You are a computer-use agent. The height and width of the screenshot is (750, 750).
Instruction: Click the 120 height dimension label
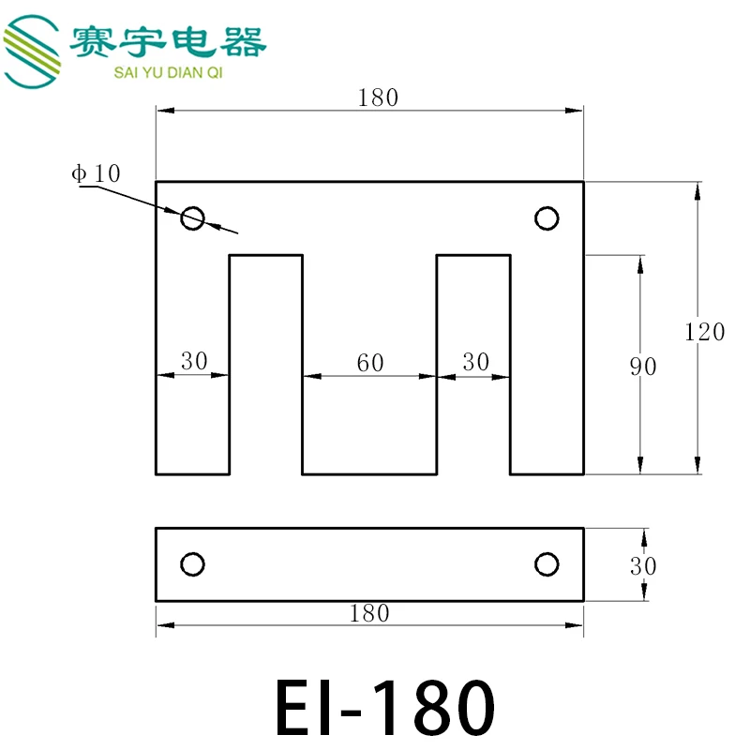[x=705, y=332]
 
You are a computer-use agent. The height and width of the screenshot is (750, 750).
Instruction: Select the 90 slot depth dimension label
[x=643, y=367]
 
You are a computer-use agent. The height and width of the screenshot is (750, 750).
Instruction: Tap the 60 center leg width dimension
[x=370, y=363]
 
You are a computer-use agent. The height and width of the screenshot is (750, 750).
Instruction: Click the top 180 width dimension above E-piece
[x=379, y=97]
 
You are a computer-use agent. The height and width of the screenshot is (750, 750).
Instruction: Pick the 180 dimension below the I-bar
[x=368, y=613]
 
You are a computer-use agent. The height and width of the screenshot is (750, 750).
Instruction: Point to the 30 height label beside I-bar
[x=643, y=565]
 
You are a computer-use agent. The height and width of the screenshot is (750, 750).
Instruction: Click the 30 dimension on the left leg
[x=194, y=361]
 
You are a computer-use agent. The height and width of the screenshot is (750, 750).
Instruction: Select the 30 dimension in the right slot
[x=476, y=362]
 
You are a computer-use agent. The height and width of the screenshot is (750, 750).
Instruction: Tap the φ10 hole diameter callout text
[x=96, y=172]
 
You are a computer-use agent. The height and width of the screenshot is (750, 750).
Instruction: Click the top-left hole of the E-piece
[x=192, y=218]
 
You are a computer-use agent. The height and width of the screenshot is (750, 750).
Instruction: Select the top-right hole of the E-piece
[x=547, y=218]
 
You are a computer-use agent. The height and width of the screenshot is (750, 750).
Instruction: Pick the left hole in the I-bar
[x=192, y=564]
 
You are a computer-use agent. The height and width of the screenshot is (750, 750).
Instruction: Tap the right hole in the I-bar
[x=547, y=564]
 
